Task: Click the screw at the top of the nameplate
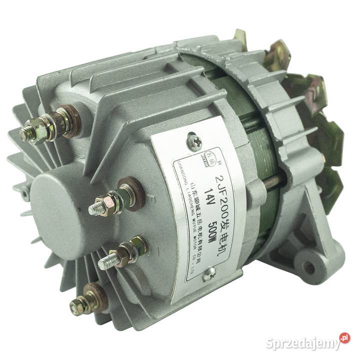click(x=194, y=141)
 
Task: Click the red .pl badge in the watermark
click(x=344, y=338)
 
